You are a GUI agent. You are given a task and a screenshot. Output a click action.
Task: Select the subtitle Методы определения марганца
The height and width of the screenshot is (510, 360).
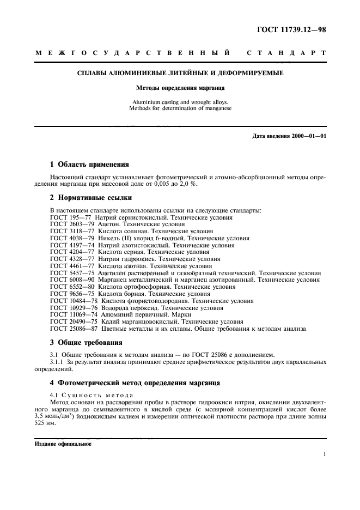pos(180,87)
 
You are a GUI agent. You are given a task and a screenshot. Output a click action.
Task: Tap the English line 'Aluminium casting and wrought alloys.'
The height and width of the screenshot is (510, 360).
pos(180,102)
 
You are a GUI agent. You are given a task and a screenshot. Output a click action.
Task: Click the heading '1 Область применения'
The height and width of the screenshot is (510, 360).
pos(89,163)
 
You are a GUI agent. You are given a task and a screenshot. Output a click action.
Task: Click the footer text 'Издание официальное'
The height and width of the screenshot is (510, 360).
pos(63,444)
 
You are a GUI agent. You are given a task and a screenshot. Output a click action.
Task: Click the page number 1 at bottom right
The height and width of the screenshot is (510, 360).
pos(324,454)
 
